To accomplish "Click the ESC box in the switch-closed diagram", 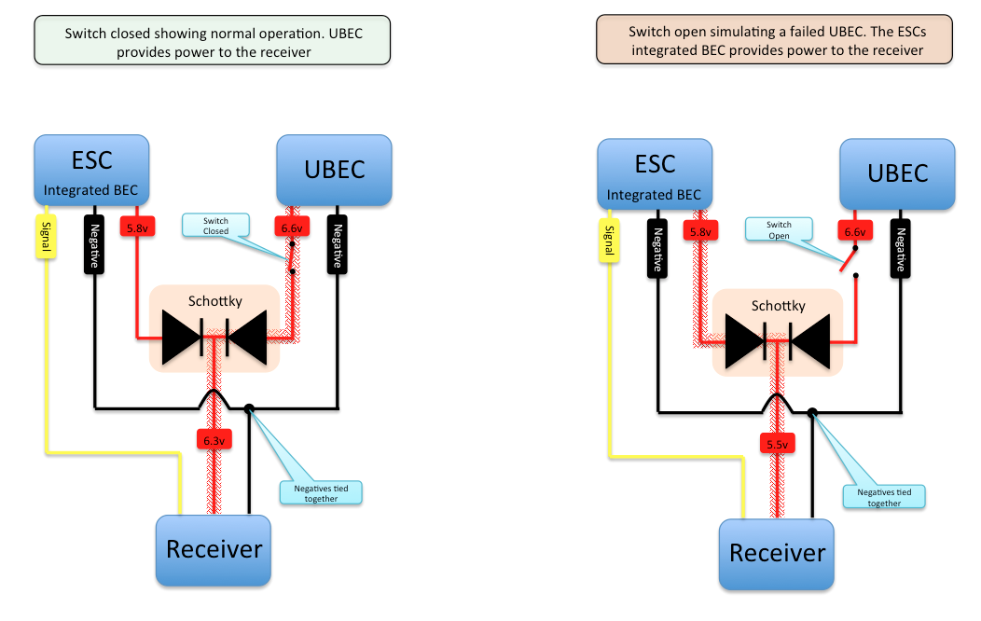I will (x=91, y=169).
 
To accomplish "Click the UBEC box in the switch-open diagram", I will (x=897, y=173).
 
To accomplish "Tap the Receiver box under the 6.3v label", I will (x=214, y=549).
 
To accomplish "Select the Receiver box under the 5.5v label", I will (x=777, y=554).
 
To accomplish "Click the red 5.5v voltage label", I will (x=777, y=444).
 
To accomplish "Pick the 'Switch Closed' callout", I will (x=216, y=225).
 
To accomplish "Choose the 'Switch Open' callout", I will (x=779, y=230).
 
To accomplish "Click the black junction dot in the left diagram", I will (x=249, y=408).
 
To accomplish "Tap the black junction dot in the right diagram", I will (x=812, y=412).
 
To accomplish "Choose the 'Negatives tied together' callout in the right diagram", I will (x=883, y=497).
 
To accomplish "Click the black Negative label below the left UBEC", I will (x=337, y=244).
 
